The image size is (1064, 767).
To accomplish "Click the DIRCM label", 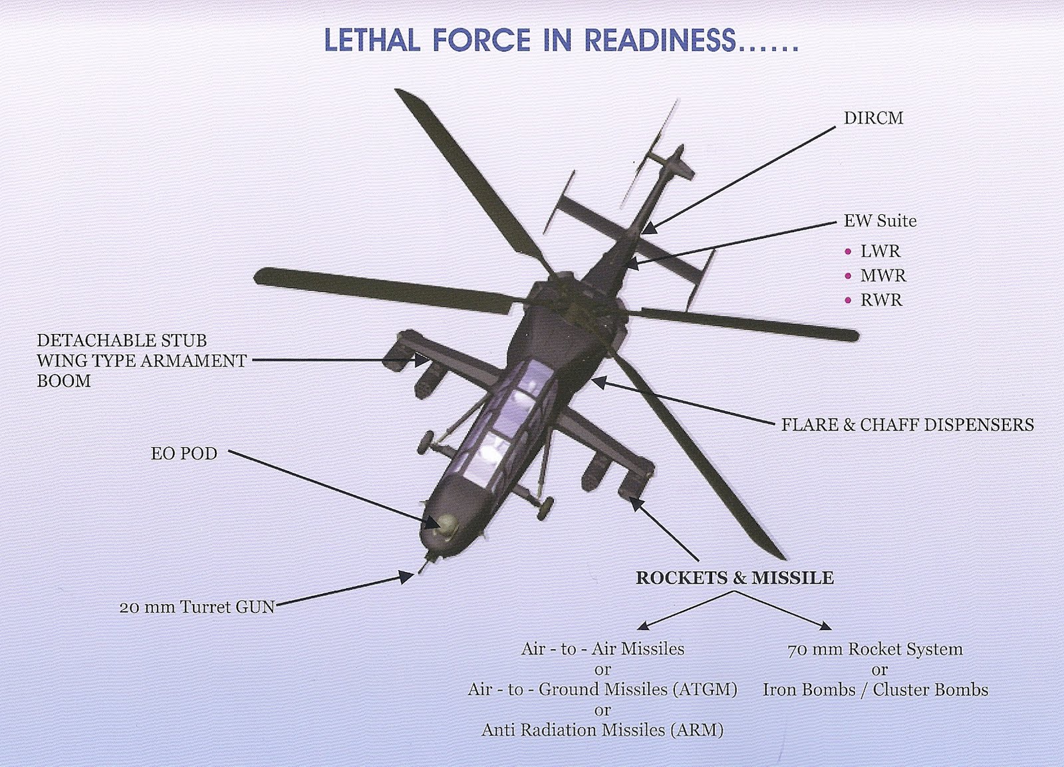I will pos(873,118).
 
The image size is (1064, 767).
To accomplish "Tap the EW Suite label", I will pos(880,221).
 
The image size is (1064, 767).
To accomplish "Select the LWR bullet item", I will pos(880,251).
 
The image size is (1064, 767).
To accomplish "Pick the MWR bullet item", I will pos(882,275).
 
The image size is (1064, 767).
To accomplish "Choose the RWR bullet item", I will pos(881,300).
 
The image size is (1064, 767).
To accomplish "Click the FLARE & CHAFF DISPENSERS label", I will pos(907,424).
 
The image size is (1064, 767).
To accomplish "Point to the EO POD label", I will pos(184,454).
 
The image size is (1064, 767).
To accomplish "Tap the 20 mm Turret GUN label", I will pos(197,607).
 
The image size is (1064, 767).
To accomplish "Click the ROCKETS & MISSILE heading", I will pos(734,577).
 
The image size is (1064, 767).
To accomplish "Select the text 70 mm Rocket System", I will pos(874,649).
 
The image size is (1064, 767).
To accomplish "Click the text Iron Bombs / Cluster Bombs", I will pos(875,690).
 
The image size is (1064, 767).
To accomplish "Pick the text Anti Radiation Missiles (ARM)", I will pos(602,730).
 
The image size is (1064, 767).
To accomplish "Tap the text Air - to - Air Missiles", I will pos(602,649).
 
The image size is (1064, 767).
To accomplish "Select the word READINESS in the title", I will pos(660,41).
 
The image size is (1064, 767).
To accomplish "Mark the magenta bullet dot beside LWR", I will pos(848,251).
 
